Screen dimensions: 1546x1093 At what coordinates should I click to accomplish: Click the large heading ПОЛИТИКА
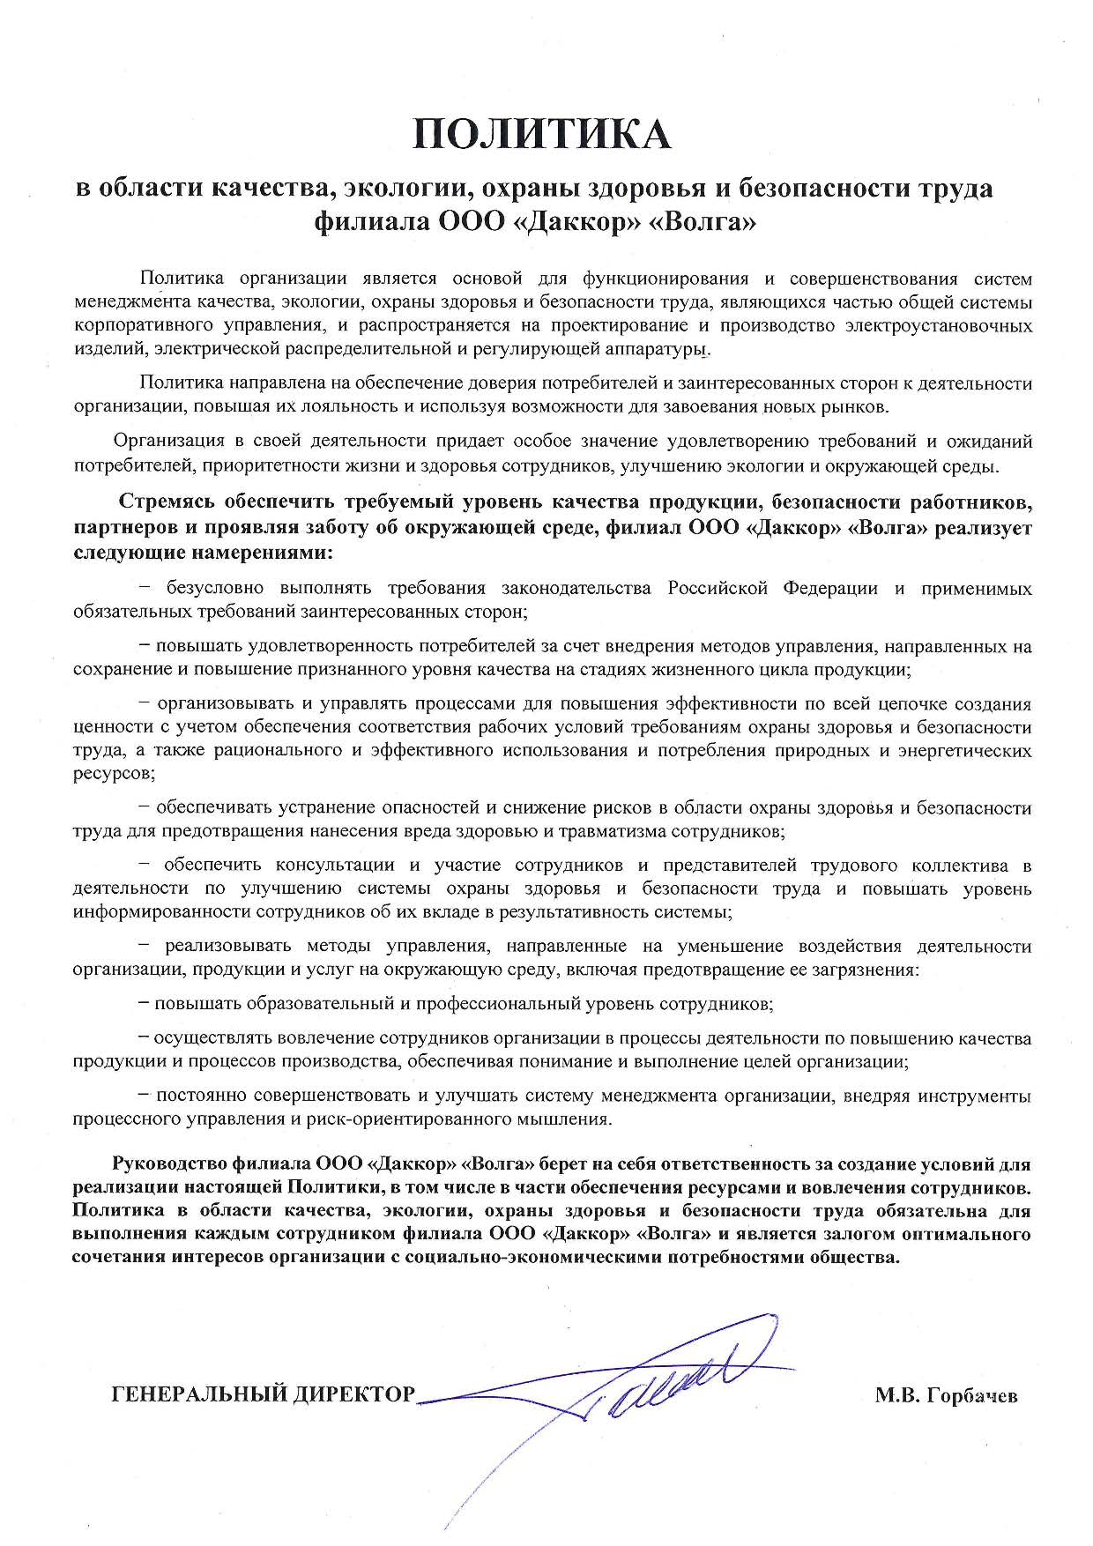click(x=543, y=135)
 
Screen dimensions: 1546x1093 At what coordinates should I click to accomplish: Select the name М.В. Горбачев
click(x=946, y=1395)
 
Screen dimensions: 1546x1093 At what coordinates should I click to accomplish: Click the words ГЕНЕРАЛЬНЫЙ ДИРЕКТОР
click(x=263, y=1394)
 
